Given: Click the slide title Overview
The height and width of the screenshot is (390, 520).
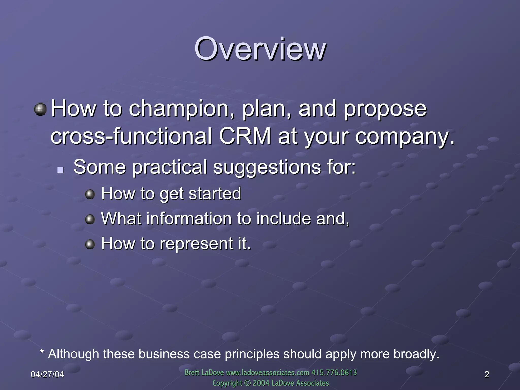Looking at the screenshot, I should click(x=260, y=49).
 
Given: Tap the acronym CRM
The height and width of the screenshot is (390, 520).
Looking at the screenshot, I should click(x=245, y=136).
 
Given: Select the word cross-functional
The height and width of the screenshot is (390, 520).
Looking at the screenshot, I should click(x=131, y=136).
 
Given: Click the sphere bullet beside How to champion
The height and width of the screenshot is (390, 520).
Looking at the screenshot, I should click(x=40, y=109).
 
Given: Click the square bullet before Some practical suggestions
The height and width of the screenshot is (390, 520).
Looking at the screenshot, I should click(x=60, y=170).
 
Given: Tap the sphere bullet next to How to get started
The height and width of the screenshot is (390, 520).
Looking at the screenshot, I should click(x=90, y=195).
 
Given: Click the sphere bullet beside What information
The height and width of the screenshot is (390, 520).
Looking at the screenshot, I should click(x=90, y=219).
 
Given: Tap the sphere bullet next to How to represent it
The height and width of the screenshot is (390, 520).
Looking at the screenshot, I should click(x=90, y=245).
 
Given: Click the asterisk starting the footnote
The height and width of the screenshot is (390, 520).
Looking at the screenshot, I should click(x=42, y=352).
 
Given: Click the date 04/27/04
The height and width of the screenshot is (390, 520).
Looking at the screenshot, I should click(x=47, y=374).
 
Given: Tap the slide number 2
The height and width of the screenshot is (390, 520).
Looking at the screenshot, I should click(x=487, y=374).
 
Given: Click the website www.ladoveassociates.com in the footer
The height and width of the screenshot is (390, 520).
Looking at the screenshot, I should click(x=267, y=373).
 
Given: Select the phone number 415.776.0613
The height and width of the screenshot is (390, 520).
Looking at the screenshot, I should click(x=334, y=373).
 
